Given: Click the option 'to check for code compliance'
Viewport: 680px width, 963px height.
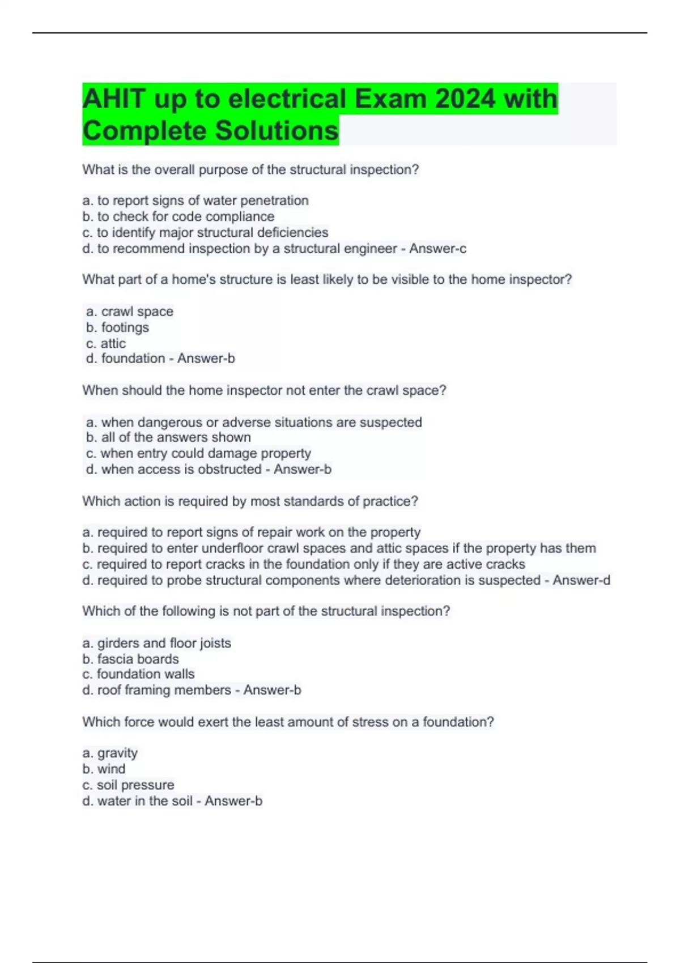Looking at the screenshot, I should click(x=178, y=216).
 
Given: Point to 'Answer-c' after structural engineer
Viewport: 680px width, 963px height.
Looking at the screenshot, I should click(x=437, y=249).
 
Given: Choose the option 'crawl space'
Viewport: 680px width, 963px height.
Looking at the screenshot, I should click(x=130, y=312).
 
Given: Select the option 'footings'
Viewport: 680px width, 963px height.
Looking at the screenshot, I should click(x=118, y=327).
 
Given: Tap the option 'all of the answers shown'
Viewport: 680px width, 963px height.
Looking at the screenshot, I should click(x=168, y=437).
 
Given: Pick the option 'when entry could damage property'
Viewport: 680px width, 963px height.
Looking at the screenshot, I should click(x=198, y=453).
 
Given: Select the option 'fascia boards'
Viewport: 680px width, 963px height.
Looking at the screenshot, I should click(x=130, y=659).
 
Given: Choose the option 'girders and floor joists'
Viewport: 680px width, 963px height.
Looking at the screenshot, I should click(x=156, y=643).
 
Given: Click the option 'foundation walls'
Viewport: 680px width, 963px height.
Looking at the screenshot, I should click(x=138, y=674).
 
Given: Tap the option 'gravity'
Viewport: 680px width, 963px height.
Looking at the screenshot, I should click(x=110, y=753).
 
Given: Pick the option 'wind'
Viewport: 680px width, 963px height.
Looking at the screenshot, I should click(x=104, y=769).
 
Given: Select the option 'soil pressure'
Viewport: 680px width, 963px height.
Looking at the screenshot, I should click(x=128, y=785).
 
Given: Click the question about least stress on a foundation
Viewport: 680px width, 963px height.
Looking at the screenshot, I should click(x=288, y=722).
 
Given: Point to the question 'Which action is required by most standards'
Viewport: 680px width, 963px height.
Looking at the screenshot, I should click(x=250, y=501).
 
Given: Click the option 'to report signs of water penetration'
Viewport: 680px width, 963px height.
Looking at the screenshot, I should click(x=195, y=201).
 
